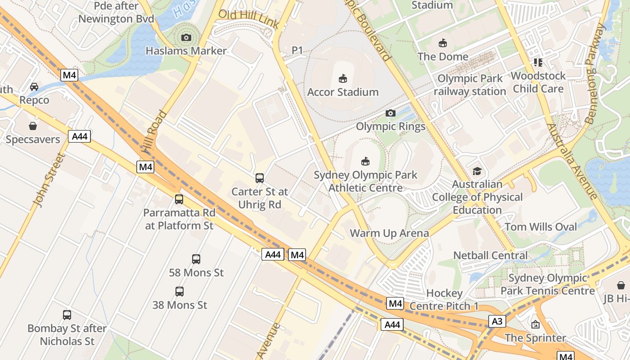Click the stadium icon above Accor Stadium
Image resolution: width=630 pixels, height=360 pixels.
pos(343,79)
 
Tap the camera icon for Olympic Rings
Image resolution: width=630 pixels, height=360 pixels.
pos(391,113)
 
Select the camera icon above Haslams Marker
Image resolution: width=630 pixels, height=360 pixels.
pos(186,37)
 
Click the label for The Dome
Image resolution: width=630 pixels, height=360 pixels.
pos(443,57)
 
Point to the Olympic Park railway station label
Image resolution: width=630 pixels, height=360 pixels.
pos(470,85)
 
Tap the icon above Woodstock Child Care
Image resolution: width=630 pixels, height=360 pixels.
pos(538,62)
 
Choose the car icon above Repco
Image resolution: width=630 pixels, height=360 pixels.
pos(34,86)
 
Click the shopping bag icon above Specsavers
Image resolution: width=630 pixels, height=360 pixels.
pos(32,126)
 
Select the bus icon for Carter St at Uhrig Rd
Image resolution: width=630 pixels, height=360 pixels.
pos(260,178)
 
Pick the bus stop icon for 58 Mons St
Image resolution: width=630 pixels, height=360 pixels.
pos(196,259)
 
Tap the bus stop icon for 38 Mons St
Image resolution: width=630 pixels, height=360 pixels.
pos(180,291)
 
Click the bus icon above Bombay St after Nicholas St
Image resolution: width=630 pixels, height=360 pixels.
pos(67,315)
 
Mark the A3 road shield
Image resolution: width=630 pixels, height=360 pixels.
pos(496,321)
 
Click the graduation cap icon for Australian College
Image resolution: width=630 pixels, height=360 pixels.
pos(477,171)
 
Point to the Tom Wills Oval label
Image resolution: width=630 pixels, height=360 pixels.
pos(540,227)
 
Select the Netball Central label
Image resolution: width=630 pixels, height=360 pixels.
pos(490,256)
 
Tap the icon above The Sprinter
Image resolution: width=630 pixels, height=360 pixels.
pos(535,324)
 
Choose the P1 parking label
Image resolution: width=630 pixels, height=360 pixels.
pos(297,50)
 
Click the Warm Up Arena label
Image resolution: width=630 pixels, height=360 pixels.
pos(389,233)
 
